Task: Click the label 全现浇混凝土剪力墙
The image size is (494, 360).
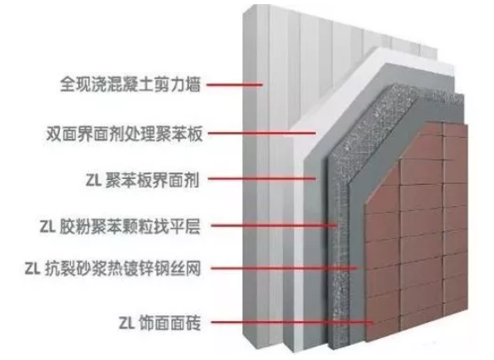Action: coord(130,85)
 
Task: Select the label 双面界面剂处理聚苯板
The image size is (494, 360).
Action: coord(124,134)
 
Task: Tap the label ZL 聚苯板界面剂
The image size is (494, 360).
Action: coord(143,180)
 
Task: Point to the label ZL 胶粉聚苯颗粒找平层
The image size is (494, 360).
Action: coord(120,226)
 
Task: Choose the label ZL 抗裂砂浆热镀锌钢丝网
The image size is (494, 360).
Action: coord(113,269)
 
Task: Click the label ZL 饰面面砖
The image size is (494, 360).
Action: coord(160,322)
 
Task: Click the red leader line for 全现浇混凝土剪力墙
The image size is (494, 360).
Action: coord(235,85)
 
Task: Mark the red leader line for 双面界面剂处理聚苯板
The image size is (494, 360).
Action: coord(262,133)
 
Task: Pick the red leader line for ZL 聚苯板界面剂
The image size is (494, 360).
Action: coord(262,179)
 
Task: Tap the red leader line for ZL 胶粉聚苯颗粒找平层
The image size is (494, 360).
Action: coord(274,226)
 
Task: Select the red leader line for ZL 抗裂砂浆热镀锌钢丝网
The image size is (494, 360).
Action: coord(284,269)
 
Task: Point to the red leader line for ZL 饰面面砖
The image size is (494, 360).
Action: coord(292,322)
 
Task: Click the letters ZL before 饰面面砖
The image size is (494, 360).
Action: coord(127,323)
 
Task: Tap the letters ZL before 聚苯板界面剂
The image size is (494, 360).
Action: coord(93,180)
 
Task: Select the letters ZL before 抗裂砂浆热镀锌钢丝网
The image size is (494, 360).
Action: coord(32,270)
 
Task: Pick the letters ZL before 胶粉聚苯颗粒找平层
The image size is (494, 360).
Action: coord(47,226)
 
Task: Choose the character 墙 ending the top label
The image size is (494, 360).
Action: coord(193,85)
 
